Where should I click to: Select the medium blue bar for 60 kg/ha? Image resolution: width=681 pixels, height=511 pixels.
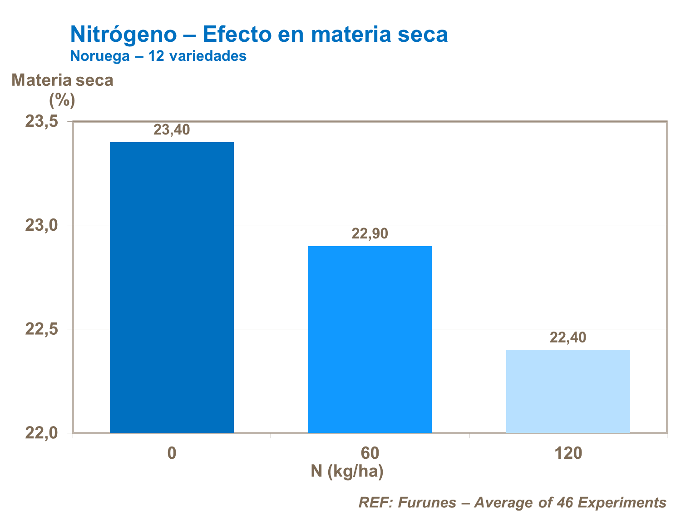pyautogui.click(x=370, y=339)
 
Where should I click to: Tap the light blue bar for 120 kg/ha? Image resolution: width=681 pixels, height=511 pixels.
pyautogui.click(x=567, y=391)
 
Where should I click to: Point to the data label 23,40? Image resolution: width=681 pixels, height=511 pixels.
pyautogui.click(x=172, y=130)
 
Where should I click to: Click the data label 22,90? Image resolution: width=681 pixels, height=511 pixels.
pyautogui.click(x=370, y=234)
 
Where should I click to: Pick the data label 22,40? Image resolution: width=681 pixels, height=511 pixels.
pyautogui.click(x=568, y=337)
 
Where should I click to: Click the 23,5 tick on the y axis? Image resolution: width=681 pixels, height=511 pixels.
pyautogui.click(x=41, y=122)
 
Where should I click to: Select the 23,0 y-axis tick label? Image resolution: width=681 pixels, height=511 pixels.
pyautogui.click(x=41, y=225)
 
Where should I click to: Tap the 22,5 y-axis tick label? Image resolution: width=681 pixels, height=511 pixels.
pyautogui.click(x=41, y=329)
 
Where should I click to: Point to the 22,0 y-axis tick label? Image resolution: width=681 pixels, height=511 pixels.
pyautogui.click(x=41, y=432)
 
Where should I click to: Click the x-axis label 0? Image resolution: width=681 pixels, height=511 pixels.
pyautogui.click(x=172, y=453)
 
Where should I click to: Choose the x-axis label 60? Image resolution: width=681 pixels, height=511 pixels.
pyautogui.click(x=370, y=453)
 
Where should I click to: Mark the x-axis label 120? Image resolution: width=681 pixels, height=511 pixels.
pyautogui.click(x=568, y=453)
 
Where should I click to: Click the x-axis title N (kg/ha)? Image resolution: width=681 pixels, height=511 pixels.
pyautogui.click(x=347, y=471)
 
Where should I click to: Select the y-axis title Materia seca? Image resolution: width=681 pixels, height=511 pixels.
pyautogui.click(x=62, y=80)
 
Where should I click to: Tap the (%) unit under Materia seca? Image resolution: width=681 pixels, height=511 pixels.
pyautogui.click(x=62, y=99)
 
